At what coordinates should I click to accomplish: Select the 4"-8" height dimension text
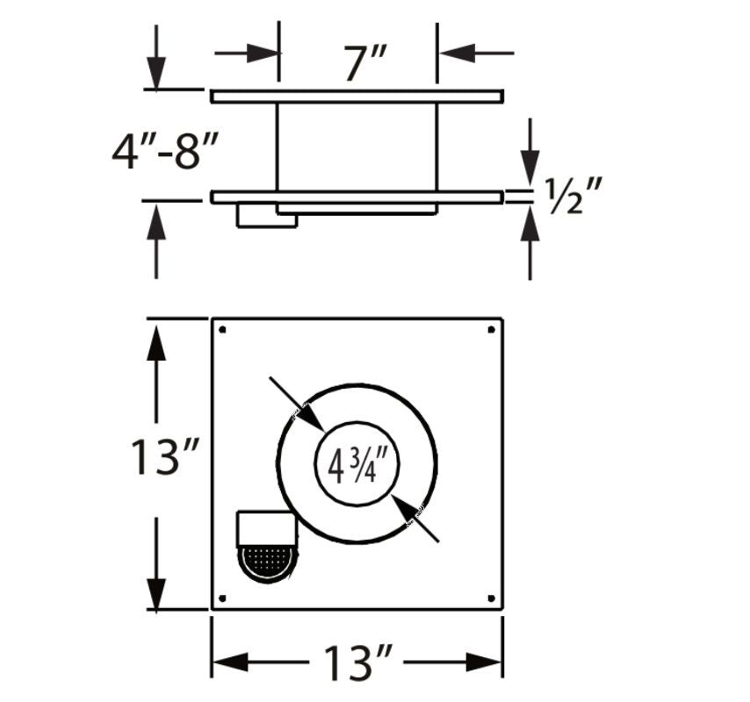click(x=164, y=151)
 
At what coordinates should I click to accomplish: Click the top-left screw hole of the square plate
click(x=222, y=330)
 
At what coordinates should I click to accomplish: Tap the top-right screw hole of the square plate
click(x=490, y=330)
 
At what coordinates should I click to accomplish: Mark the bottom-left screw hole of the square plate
click(x=222, y=598)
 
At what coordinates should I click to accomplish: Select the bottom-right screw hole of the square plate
click(x=490, y=598)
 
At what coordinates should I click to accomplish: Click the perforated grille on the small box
click(x=266, y=562)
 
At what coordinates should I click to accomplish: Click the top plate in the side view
click(x=357, y=97)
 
